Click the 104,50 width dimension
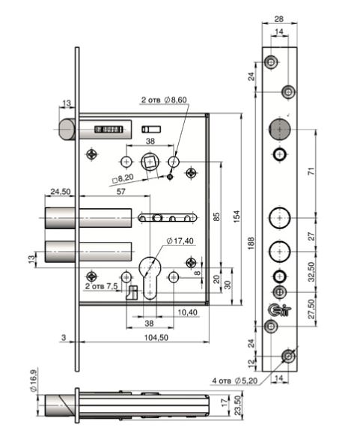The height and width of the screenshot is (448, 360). tap(156, 337)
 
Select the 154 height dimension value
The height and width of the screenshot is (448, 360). tap(237, 217)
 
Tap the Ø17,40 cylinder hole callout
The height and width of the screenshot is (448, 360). tap(180, 241)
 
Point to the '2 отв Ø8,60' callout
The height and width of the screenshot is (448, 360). tap(164, 100)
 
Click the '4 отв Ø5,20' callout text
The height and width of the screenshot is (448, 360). tap(235, 381)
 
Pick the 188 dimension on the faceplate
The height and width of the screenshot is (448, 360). tap(251, 243)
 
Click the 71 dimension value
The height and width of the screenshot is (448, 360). tap(311, 171)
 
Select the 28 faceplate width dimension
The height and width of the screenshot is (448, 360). tap(279, 19)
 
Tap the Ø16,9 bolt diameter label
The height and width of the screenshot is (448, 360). tap(34, 381)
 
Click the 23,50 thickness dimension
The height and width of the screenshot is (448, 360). tap(238, 405)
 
